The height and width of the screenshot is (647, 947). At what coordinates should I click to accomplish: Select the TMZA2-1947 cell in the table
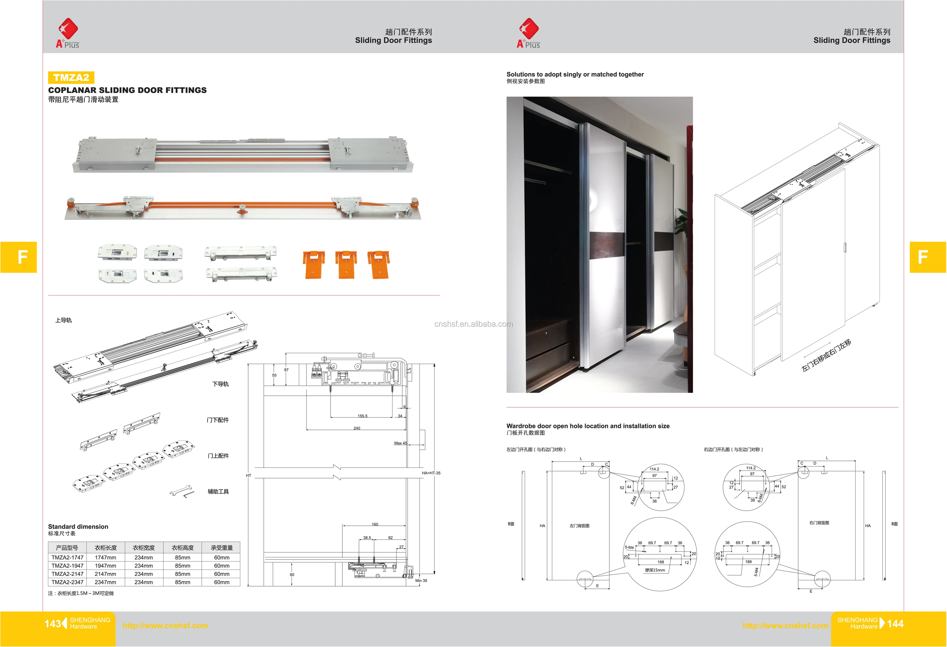[67, 566]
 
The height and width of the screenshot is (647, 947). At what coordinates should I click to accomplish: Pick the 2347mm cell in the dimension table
[105, 582]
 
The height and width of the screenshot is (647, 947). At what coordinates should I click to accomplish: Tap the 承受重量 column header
[222, 548]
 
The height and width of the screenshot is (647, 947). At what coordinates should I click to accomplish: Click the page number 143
[53, 624]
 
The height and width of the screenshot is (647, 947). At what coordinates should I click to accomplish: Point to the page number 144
[895, 624]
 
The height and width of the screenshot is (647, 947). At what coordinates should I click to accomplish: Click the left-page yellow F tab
[19, 257]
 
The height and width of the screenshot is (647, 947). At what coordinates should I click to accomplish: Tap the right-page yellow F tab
[928, 257]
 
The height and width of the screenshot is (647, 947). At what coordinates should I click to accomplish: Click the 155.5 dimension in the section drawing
[362, 416]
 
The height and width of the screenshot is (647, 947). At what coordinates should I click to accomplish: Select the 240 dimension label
[356, 428]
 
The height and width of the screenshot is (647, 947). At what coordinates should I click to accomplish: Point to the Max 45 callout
[400, 443]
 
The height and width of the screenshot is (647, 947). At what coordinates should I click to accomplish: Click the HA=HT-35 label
[431, 473]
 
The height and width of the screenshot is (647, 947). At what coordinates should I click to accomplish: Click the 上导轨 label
[64, 320]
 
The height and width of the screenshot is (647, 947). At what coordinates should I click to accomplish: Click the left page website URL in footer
[165, 625]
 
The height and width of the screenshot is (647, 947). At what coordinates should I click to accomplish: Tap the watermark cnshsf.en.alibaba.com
[474, 324]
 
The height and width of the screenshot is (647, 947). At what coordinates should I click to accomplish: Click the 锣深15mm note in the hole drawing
[654, 570]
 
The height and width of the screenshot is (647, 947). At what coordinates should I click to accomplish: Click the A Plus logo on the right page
[528, 34]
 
